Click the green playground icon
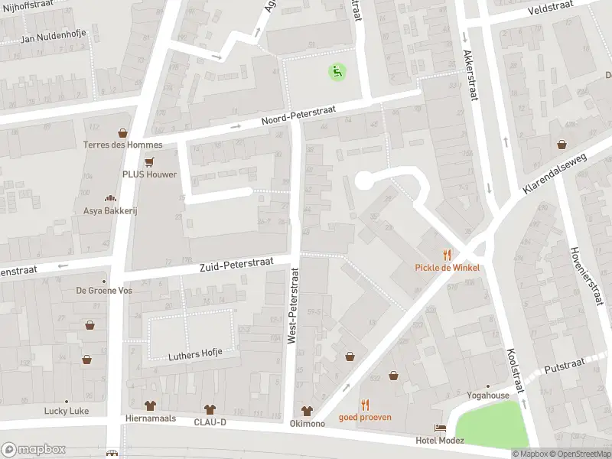coord(337,72)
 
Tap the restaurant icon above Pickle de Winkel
coord(448,255)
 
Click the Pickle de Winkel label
coord(448,268)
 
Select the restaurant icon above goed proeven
coord(365,405)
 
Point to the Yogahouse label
coord(488,396)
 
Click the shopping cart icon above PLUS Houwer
coord(149,161)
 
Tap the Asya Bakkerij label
coord(109,210)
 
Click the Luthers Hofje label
coord(195,353)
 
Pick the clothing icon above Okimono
coord(307,411)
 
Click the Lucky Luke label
coord(67,411)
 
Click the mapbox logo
coord(33,450)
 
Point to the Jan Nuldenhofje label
coord(54,37)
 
